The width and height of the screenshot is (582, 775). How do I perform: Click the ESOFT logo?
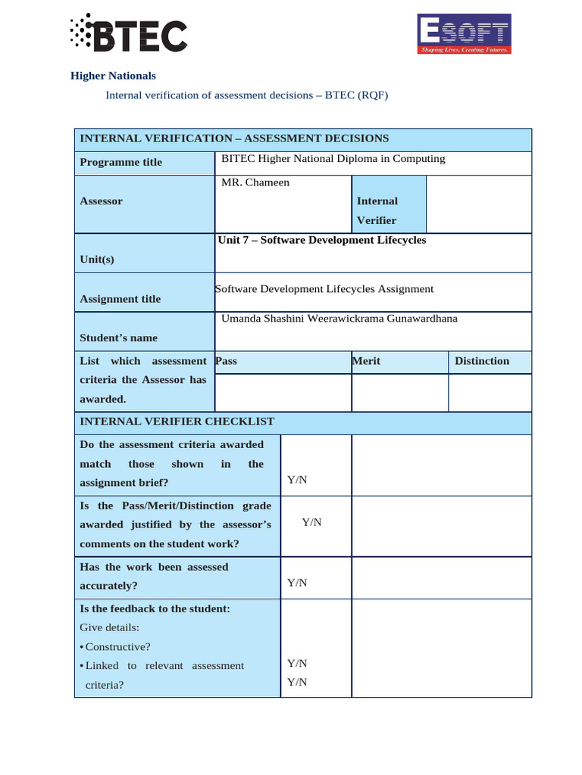[465, 34]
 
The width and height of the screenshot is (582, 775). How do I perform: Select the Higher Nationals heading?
[113, 76]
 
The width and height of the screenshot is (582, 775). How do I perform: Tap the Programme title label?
[120, 162]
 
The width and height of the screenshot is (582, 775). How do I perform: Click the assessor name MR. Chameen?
[255, 182]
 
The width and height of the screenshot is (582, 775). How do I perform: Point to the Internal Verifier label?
[377, 210]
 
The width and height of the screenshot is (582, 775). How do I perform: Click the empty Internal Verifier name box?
[478, 204]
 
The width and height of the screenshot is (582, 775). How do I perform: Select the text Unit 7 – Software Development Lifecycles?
[322, 240]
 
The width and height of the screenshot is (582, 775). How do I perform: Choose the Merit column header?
[366, 361]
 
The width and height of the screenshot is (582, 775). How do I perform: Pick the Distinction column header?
[482, 361]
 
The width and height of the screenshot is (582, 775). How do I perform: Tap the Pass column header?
[227, 361]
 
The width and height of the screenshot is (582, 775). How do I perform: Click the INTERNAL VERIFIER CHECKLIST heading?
[177, 422]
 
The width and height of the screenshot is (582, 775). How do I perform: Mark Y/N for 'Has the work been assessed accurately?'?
[297, 582]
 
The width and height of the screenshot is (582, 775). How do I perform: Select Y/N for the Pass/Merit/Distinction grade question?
[312, 521]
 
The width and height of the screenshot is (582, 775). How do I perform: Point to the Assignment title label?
[120, 299]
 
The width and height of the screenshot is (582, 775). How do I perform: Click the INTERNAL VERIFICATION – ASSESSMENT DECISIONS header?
[234, 139]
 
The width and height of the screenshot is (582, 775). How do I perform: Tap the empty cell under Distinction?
[490, 392]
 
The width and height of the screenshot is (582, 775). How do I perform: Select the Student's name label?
[118, 338]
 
